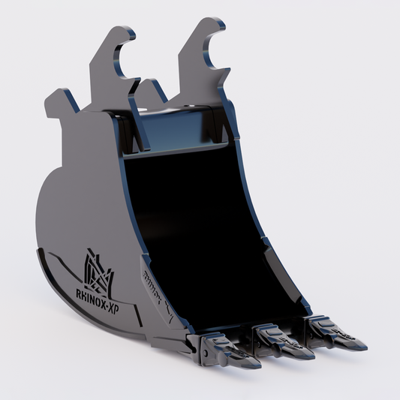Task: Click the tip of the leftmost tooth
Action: point(258,365)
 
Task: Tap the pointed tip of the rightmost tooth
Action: point(365,347)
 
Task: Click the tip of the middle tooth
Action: point(312,356)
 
